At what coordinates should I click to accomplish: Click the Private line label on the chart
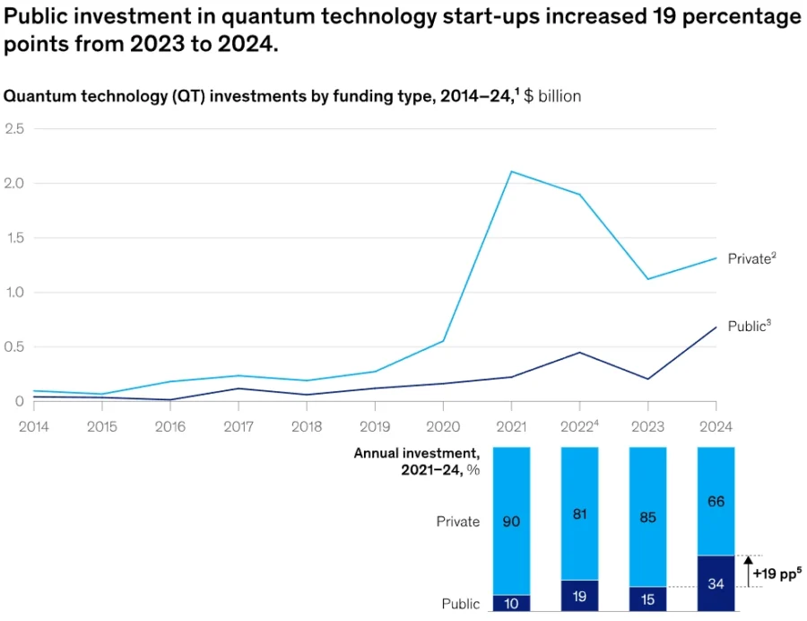click(751, 258)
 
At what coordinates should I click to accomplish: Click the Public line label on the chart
click(749, 327)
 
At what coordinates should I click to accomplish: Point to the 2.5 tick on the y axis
click(14, 129)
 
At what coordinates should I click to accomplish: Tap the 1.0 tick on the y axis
click(14, 293)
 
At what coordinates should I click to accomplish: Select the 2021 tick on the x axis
click(511, 426)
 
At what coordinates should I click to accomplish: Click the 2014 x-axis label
click(34, 426)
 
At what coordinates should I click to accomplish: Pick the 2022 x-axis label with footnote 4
click(580, 426)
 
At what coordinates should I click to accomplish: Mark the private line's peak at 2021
click(511, 171)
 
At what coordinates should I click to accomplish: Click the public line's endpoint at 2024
click(716, 327)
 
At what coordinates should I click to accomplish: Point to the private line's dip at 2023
click(648, 279)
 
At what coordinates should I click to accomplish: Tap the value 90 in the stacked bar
click(511, 521)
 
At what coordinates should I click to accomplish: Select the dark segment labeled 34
click(716, 584)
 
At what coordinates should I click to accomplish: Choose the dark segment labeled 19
click(579, 595)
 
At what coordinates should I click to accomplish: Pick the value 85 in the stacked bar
click(647, 517)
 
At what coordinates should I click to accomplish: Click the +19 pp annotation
click(777, 572)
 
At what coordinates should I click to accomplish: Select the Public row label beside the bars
click(460, 604)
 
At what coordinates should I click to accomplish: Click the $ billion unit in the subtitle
click(552, 96)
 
